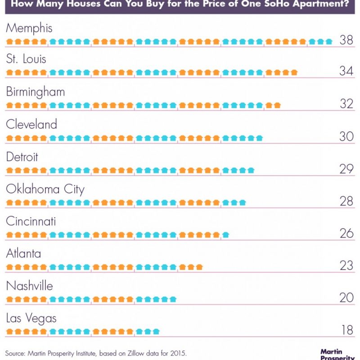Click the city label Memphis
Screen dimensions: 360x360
29,28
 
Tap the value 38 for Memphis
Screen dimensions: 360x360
346,40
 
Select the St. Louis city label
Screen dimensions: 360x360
26,59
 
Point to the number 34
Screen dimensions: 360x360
346,72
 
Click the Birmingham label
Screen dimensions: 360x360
36,92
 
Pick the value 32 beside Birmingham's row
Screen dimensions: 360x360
346,104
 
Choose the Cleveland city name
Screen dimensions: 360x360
31,124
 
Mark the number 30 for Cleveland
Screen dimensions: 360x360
346,136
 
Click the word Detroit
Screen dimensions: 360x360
22,157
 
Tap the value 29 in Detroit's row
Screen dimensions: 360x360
346,169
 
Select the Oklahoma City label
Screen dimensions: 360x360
45,189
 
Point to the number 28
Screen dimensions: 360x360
346,201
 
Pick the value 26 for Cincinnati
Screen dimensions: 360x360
346,234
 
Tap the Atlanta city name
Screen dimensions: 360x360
23,254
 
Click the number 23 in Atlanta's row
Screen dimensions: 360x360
346,266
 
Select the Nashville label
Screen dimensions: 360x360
29,286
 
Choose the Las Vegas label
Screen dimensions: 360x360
31,319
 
